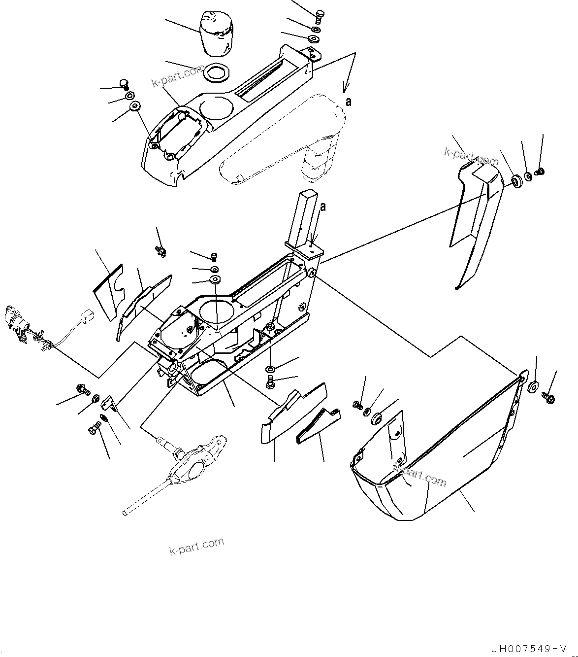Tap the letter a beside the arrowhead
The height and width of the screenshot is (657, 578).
[349, 102]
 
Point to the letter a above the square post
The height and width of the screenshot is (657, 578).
[323, 207]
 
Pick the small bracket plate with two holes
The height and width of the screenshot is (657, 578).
[110, 404]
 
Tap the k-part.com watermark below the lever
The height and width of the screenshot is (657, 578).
[196, 546]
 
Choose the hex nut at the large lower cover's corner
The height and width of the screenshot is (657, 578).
[533, 386]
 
